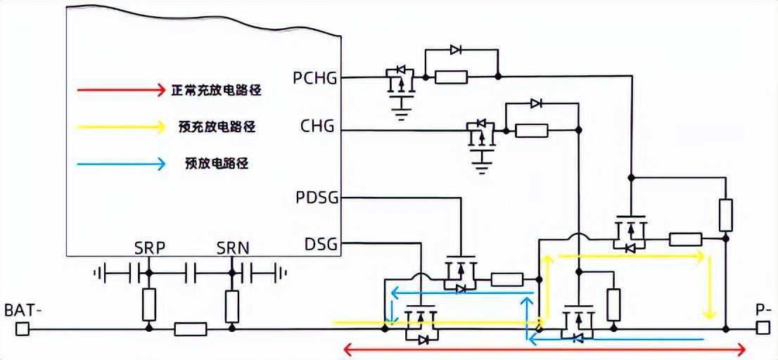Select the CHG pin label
317,128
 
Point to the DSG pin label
321,245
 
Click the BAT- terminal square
23,328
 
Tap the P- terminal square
763,328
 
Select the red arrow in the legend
120,90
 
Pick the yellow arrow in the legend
120,127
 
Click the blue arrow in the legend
120,164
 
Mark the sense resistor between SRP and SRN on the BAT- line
190,328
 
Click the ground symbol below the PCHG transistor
402,113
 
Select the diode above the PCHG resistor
456,50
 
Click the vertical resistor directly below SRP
148,303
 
